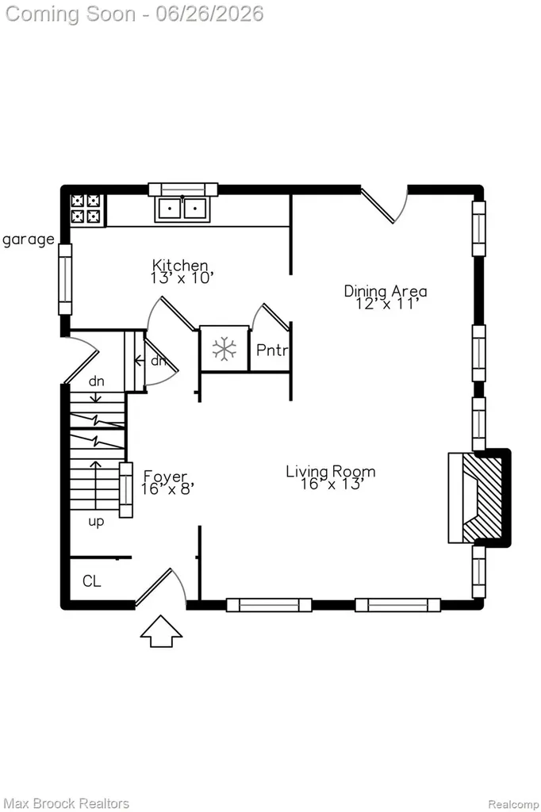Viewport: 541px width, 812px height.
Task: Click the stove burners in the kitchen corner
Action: click(x=86, y=209)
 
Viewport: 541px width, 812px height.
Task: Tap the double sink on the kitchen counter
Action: click(x=182, y=209)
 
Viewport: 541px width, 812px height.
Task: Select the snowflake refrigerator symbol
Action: click(x=224, y=349)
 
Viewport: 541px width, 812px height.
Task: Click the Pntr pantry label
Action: click(x=272, y=350)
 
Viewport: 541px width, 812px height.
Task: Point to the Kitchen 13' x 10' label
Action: click(x=182, y=272)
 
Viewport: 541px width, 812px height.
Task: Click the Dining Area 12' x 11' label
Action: click(x=386, y=297)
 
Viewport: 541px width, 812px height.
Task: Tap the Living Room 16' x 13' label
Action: click(x=331, y=477)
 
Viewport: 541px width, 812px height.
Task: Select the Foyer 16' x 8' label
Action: click(x=166, y=482)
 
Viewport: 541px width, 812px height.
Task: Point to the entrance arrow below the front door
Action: click(x=161, y=631)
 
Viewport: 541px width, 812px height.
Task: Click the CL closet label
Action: click(x=92, y=581)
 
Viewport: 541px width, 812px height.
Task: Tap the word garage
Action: click(x=28, y=239)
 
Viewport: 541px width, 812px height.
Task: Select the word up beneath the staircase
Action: click(x=96, y=522)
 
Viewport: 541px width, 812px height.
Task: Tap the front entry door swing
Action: click(x=161, y=588)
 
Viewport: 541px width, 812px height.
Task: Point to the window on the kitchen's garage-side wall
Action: click(x=65, y=279)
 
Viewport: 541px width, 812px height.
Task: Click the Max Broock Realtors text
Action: click(x=66, y=803)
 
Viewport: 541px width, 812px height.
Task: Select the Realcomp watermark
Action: click(x=513, y=804)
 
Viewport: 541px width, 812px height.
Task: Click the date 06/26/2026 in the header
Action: click(x=209, y=13)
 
